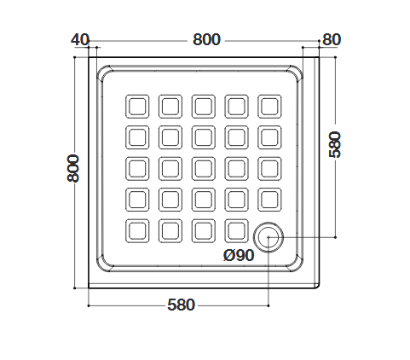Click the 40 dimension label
[80, 39]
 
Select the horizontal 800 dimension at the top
[206, 39]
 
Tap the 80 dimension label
[332, 39]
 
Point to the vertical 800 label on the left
[72, 168]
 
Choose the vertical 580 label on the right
[334, 144]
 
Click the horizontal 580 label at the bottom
[181, 305]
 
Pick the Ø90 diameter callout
[239, 255]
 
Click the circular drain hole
[269, 237]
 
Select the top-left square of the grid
[137, 107]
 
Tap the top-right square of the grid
[269, 107]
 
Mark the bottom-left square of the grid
[137, 230]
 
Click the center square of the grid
[204, 168]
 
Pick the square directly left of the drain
[236, 230]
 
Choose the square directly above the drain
[269, 200]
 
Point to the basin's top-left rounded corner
[105, 73]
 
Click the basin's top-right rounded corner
[295, 73]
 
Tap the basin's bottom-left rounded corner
[105, 264]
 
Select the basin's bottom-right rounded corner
[295, 264]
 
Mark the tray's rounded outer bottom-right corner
[318, 287]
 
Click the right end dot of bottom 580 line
[269, 305]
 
